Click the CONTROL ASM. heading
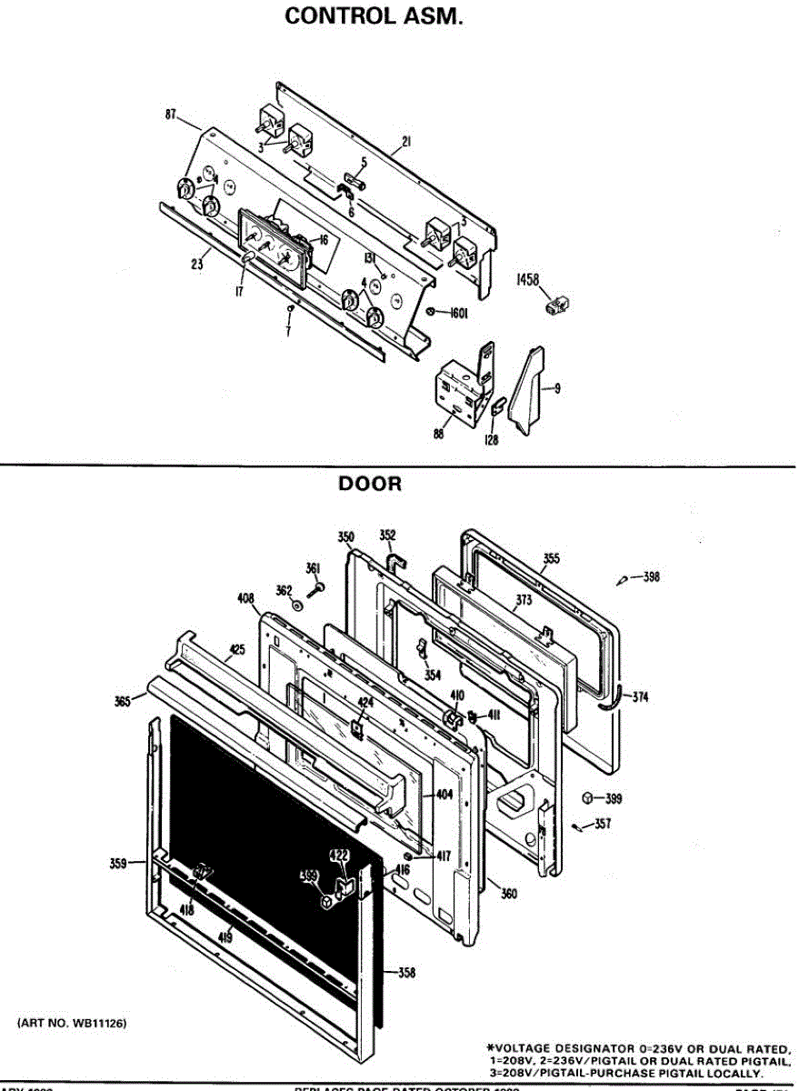point(375,16)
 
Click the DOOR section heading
point(370,485)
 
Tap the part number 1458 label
point(529,280)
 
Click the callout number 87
point(170,115)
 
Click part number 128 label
point(491,439)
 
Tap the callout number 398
point(651,577)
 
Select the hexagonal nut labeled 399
point(588,797)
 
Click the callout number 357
point(602,825)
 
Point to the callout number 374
point(641,697)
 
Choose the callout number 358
point(406,974)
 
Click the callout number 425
point(237,649)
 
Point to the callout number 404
point(444,795)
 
